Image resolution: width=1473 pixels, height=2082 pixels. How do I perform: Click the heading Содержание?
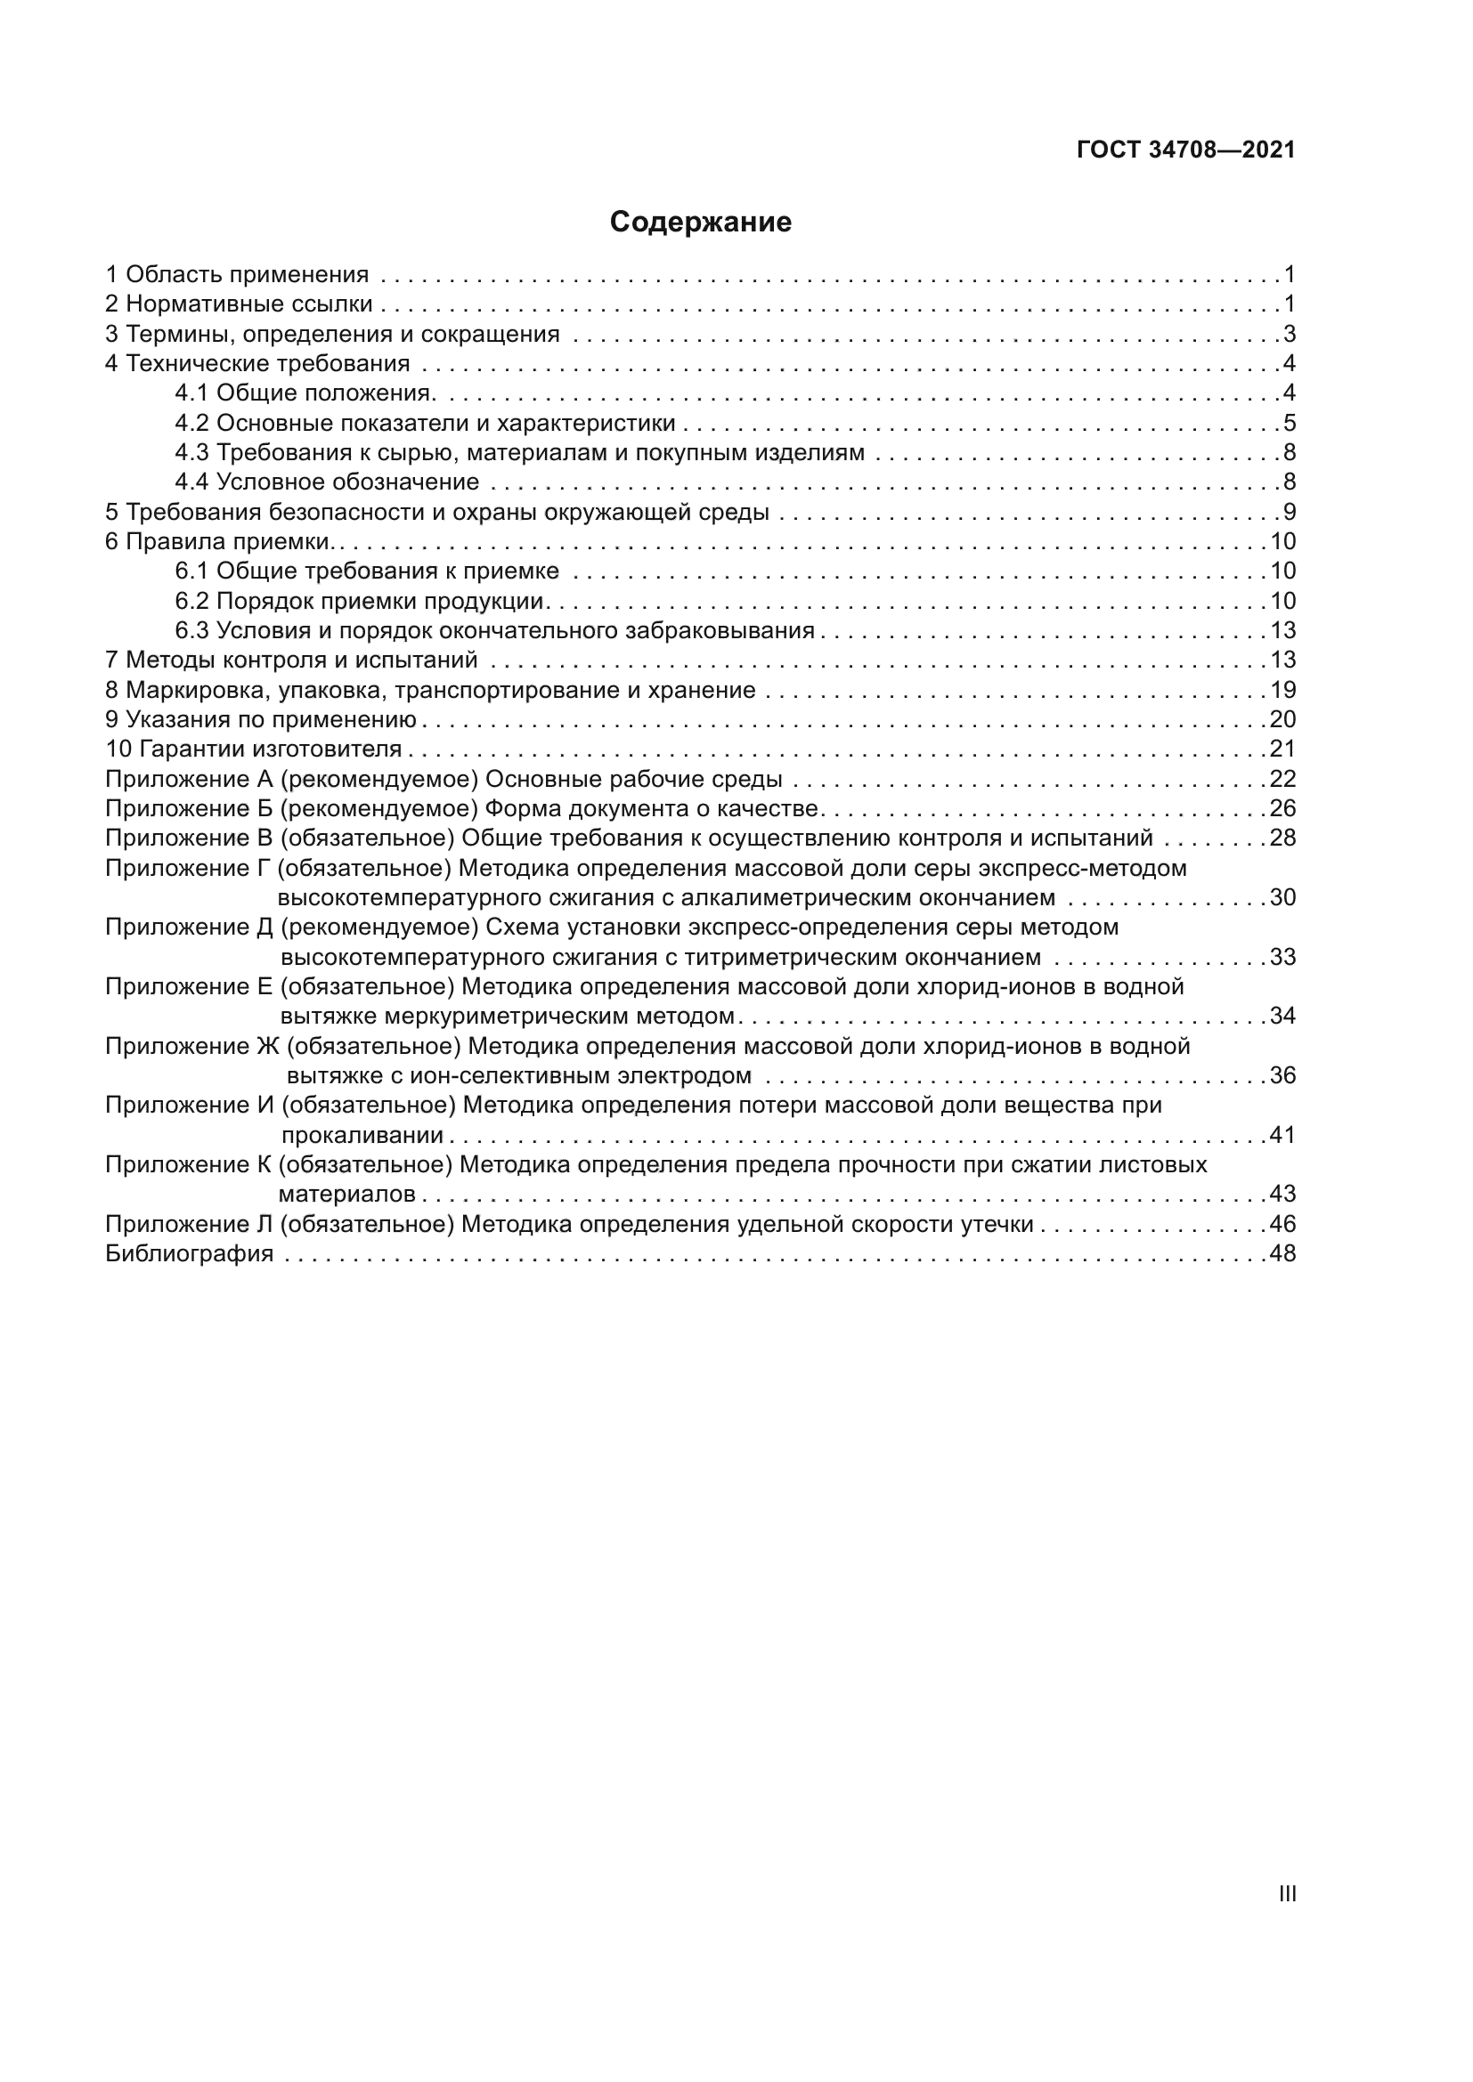pyautogui.click(x=700, y=223)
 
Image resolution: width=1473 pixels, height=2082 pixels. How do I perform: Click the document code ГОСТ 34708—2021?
pyautogui.click(x=1185, y=150)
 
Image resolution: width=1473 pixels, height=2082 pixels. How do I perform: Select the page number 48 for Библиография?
pyautogui.click(x=1282, y=1254)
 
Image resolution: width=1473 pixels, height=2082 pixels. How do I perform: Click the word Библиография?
pyautogui.click(x=189, y=1254)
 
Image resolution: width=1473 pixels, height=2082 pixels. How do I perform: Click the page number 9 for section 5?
pyautogui.click(x=1289, y=513)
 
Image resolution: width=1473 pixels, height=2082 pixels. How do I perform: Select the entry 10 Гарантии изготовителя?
pyautogui.click(x=254, y=749)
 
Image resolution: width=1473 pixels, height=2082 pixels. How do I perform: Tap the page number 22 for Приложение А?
pyautogui.click(x=1282, y=779)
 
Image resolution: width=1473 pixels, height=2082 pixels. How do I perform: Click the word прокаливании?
pyautogui.click(x=362, y=1135)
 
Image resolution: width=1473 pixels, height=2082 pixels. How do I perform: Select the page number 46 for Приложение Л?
pyautogui.click(x=1282, y=1224)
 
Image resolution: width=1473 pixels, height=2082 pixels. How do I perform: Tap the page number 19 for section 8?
pyautogui.click(x=1282, y=690)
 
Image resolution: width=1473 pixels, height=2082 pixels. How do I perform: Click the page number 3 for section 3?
pyautogui.click(x=1289, y=334)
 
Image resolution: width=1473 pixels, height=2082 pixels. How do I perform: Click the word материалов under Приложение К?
pyautogui.click(x=346, y=1195)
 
